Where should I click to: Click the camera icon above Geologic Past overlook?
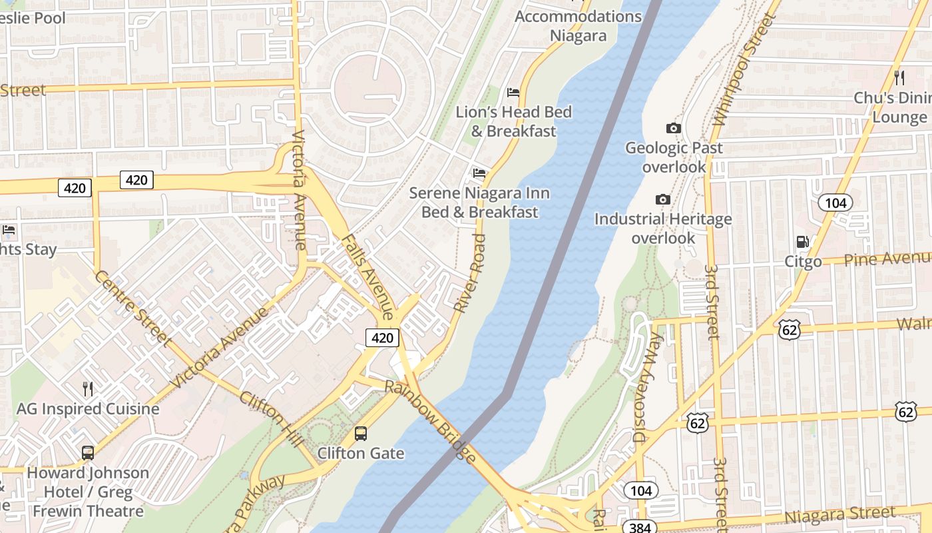673,128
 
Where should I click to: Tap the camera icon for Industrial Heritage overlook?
662,199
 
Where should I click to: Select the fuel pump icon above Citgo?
803,242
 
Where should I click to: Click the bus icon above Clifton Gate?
360,433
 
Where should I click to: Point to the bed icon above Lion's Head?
513,92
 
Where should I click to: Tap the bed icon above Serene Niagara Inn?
479,173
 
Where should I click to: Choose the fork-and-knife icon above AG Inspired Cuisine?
87,388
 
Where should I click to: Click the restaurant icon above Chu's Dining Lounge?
899,77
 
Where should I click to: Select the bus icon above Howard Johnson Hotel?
87,453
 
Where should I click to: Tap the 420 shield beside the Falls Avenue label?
382,338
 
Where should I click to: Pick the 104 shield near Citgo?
835,203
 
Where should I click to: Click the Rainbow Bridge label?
431,422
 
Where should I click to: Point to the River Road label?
470,273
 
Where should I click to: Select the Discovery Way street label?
648,388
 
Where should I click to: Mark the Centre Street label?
133,308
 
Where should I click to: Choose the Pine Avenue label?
887,259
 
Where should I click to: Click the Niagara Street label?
840,515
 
